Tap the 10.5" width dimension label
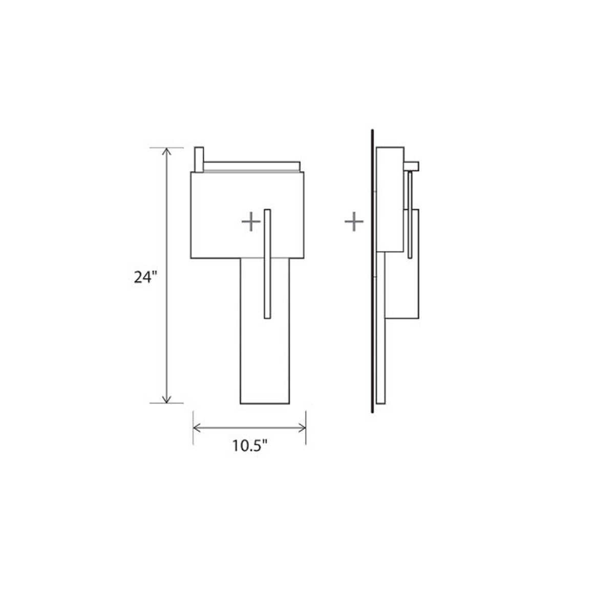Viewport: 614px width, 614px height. click(x=251, y=446)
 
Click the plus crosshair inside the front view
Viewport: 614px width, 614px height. click(x=251, y=222)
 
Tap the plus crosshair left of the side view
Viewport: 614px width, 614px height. click(x=354, y=222)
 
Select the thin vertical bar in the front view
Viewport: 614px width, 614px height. click(x=267, y=265)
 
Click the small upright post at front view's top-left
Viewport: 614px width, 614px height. click(x=199, y=160)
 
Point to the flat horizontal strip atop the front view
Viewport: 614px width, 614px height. click(x=251, y=166)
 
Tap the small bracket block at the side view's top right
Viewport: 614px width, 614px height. click(x=412, y=165)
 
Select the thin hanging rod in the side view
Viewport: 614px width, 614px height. click(x=410, y=215)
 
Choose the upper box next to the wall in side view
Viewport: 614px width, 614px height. click(x=390, y=200)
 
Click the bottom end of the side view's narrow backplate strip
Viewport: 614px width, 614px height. click(x=380, y=401)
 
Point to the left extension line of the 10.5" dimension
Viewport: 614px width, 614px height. click(x=193, y=427)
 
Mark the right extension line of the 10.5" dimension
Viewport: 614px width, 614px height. click(x=306, y=427)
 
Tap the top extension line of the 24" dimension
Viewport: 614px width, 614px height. click(x=166, y=148)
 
